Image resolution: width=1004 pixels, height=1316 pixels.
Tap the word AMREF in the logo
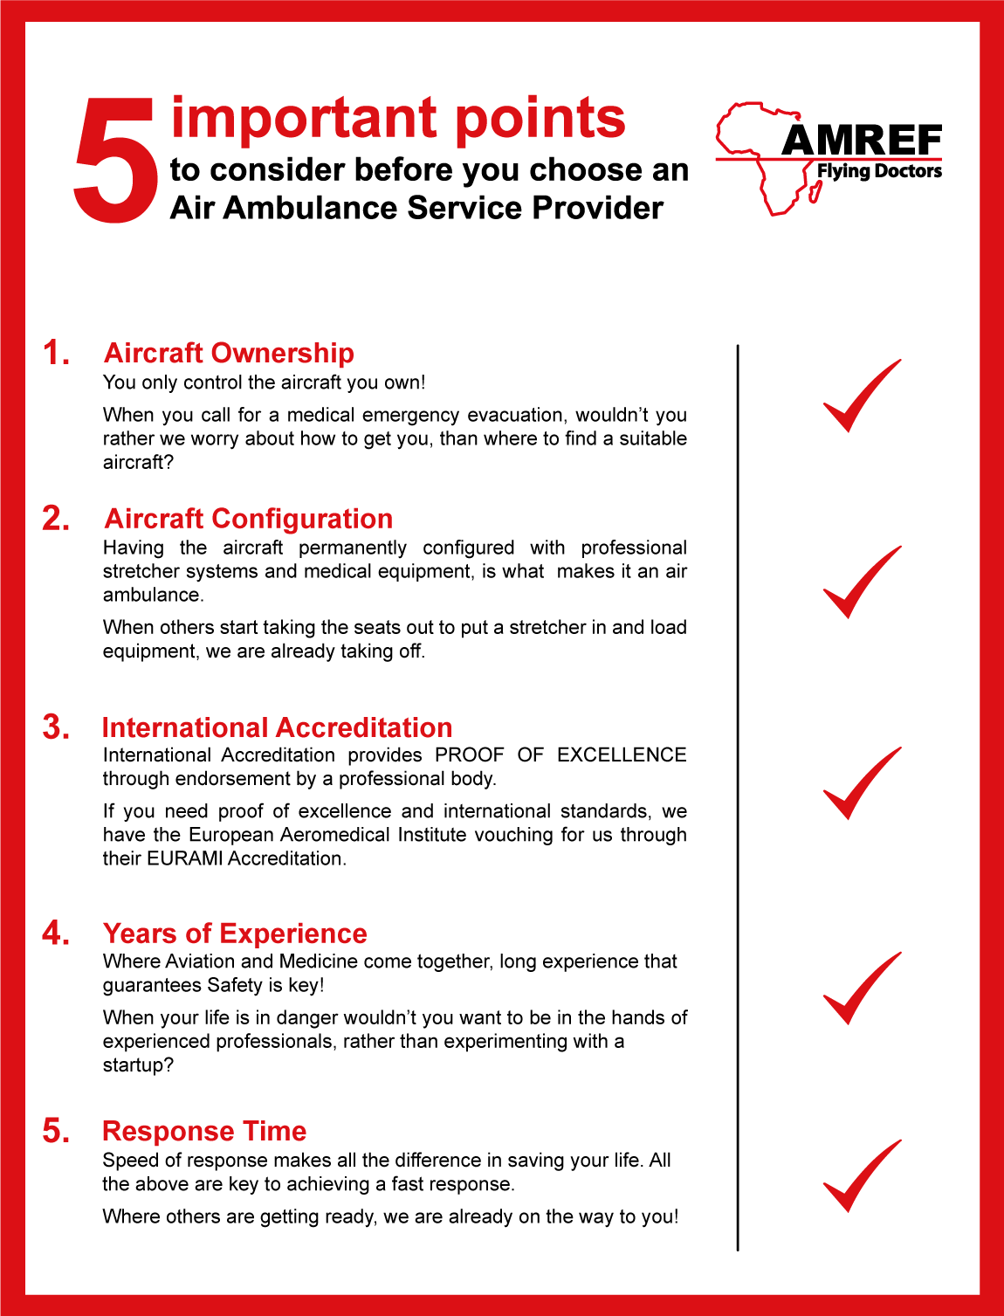(862, 141)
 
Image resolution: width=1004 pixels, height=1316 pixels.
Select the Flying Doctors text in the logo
(879, 171)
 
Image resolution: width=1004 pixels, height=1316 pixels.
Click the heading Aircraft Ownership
(229, 353)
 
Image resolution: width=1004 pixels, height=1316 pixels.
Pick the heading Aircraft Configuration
(249, 519)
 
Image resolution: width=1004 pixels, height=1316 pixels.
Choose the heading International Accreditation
(277, 727)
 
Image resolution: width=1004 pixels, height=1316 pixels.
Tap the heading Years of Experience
(235, 934)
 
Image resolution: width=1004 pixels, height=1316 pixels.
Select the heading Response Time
(204, 1131)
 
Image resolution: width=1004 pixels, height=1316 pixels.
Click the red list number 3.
(57, 727)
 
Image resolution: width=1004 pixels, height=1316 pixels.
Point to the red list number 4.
(57, 934)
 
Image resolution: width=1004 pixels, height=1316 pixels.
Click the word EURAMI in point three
(184, 858)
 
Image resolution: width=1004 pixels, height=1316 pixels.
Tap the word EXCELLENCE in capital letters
(622, 754)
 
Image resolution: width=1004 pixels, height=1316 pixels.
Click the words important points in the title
(398, 118)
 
